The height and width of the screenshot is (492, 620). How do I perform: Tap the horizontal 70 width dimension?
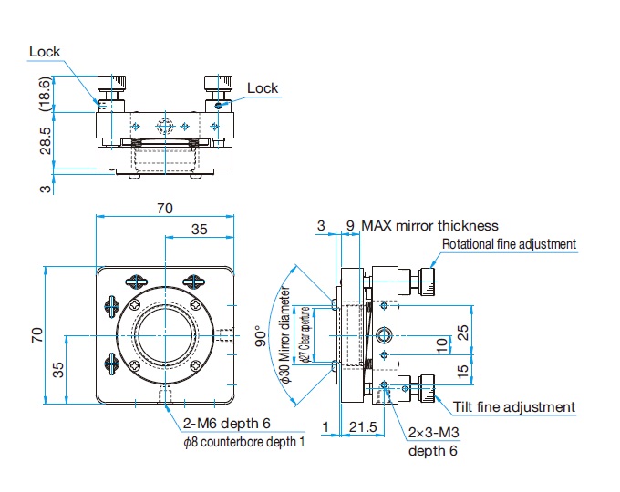[x=164, y=209]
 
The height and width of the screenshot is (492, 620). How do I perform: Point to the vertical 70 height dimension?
[x=35, y=334]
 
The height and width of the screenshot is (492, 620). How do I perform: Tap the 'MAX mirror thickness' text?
[x=429, y=225]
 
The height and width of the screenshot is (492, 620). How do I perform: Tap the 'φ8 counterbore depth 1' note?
[x=243, y=442]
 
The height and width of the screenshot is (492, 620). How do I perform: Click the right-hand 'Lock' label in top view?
[x=263, y=88]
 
